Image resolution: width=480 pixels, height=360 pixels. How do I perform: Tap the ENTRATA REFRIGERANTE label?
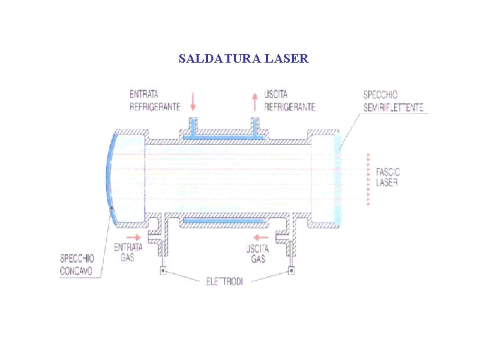tap(155, 101)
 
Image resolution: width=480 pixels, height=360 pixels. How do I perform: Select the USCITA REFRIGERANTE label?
tap(289, 101)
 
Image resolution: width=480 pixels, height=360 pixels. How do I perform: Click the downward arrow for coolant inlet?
tap(193, 101)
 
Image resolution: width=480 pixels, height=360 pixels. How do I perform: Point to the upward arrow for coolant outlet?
tap(254, 101)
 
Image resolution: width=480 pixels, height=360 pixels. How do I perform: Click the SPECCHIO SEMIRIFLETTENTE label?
tap(393, 101)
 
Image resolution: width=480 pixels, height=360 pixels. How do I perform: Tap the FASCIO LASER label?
tap(387, 177)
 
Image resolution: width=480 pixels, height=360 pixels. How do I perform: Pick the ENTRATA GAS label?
tap(127, 252)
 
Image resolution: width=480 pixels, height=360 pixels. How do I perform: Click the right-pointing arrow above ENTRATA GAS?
tap(133, 237)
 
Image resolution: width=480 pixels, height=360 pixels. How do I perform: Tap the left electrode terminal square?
tap(162, 271)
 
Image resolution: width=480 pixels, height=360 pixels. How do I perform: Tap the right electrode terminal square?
tap(291, 271)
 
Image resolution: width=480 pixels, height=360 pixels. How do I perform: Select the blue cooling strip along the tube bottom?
tap(225, 219)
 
